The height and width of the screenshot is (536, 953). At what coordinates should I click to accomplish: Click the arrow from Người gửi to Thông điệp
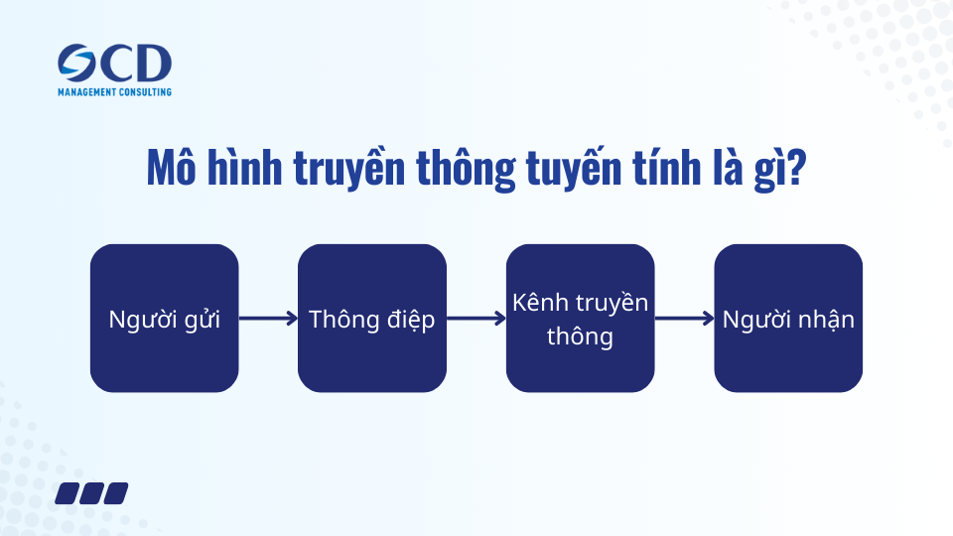(268, 319)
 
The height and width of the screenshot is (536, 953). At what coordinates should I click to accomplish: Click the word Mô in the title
(170, 169)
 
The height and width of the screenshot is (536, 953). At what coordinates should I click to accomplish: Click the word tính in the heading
(678, 169)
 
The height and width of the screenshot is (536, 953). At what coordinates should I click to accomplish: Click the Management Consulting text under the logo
(114, 92)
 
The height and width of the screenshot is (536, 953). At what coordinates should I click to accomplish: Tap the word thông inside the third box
(580, 336)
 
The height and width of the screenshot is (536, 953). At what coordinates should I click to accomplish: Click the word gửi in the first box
(201, 320)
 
